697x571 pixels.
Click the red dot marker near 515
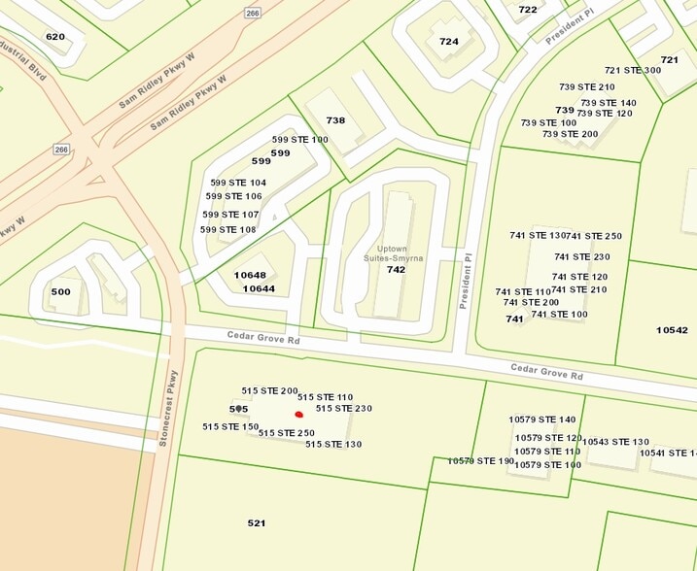click(x=299, y=415)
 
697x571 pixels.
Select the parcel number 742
click(x=396, y=270)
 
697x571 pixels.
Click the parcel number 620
click(x=55, y=36)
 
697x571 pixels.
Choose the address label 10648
click(x=251, y=275)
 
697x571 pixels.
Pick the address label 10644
click(x=259, y=288)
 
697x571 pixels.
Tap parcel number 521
click(x=257, y=523)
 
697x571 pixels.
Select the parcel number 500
click(x=61, y=292)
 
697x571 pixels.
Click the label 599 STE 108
click(x=228, y=230)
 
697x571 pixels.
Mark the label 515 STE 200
click(x=270, y=390)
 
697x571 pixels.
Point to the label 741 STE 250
click(x=594, y=236)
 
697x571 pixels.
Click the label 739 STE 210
click(x=587, y=87)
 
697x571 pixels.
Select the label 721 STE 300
click(x=633, y=70)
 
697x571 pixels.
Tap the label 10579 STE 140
click(x=542, y=420)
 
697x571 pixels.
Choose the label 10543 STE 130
click(x=615, y=442)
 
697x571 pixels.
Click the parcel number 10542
click(x=672, y=330)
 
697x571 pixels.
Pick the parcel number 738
click(x=335, y=120)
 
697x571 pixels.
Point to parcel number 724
click(x=448, y=42)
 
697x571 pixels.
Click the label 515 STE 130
click(x=333, y=444)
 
